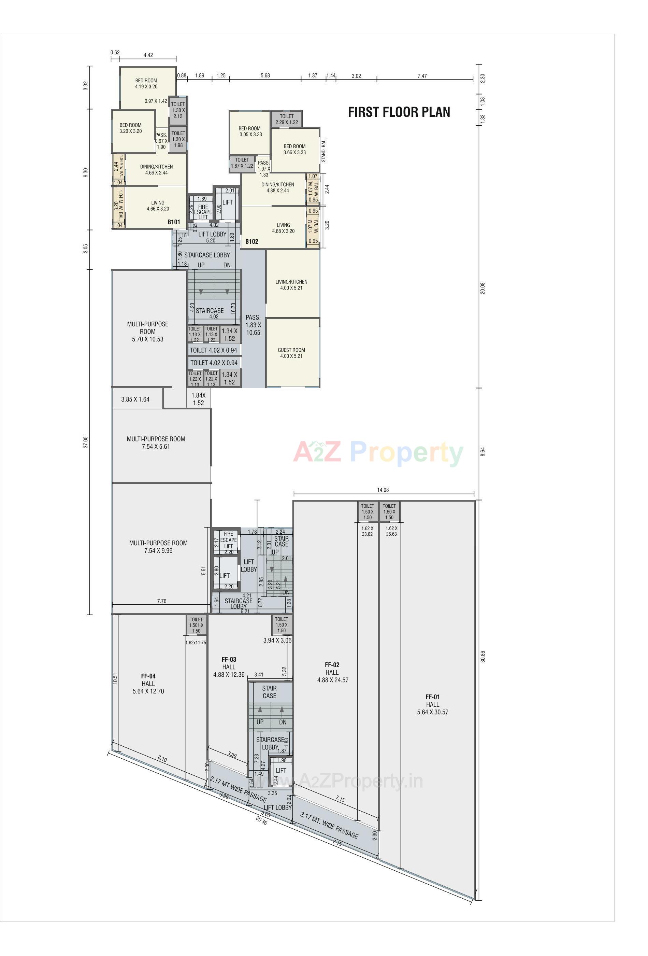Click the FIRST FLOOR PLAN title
(399, 112)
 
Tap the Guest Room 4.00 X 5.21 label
(291, 353)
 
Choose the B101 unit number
(173, 222)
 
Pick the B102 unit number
(251, 241)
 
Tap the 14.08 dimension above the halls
(383, 490)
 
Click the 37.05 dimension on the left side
(86, 442)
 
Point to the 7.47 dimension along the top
(422, 76)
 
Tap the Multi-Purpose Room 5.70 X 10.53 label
(148, 332)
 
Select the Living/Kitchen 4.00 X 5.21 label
(291, 285)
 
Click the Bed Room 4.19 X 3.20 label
(146, 84)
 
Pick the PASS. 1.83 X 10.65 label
(253, 325)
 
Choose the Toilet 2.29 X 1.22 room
(287, 119)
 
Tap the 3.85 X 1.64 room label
(135, 399)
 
